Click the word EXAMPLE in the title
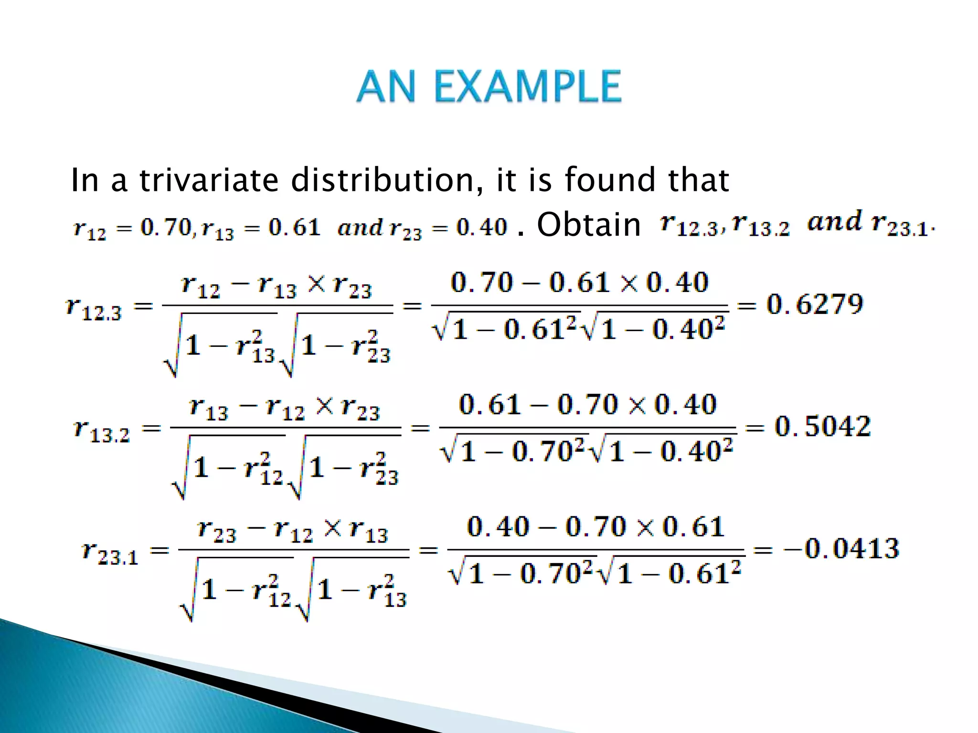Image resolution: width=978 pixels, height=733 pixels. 528,86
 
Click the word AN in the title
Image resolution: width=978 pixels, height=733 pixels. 386,86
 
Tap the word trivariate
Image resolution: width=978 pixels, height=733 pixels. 209,180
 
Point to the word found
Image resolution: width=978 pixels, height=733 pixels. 609,180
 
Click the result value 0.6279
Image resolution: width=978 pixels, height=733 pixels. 815,304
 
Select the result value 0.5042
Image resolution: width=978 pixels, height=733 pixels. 822,426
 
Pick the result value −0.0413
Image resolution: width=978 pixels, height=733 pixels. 841,548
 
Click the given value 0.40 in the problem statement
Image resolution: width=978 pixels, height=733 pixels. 481,227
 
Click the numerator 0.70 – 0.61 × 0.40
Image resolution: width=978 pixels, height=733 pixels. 579,282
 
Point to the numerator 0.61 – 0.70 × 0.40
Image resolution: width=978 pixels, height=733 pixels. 587,405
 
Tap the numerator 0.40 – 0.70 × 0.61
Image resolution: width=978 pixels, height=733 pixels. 595,527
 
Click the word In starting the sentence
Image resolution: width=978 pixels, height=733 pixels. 85,180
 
